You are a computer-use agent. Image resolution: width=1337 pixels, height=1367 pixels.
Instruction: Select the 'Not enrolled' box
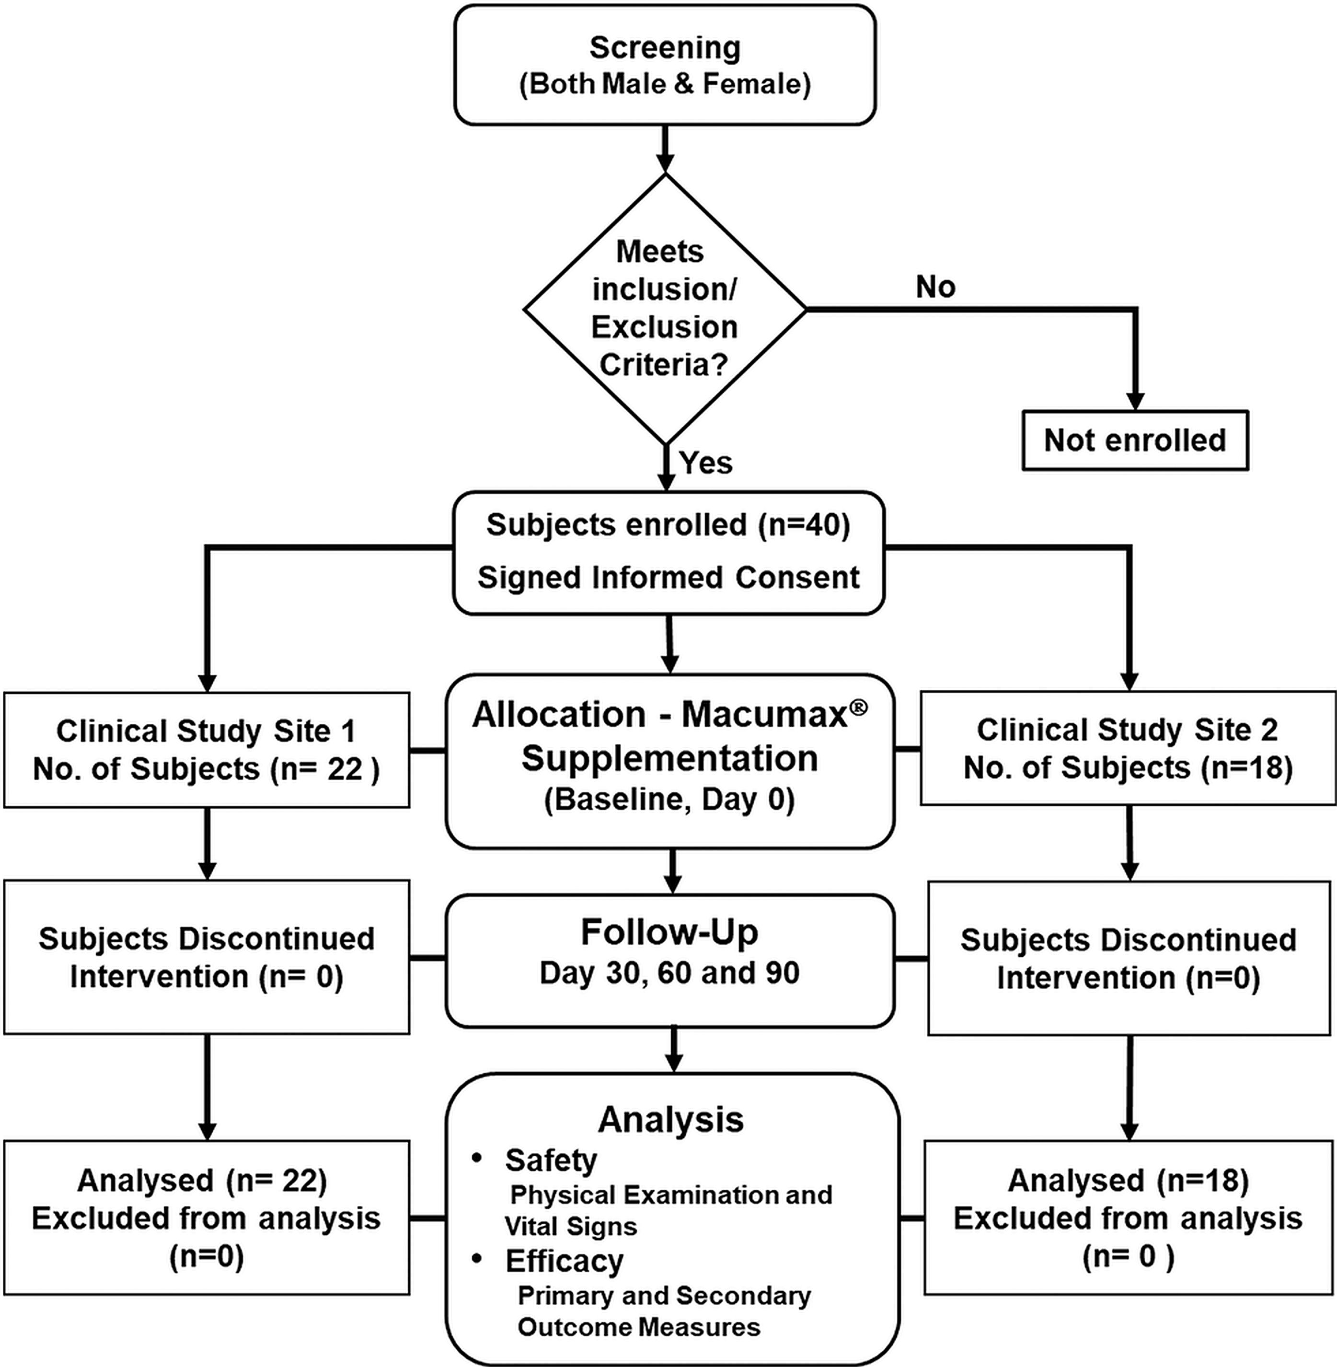pyautogui.click(x=1135, y=440)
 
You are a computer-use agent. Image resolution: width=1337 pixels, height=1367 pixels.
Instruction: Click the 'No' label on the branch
pyautogui.click(x=935, y=287)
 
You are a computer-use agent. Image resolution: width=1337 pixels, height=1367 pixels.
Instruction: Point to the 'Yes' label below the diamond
pyautogui.click(x=706, y=463)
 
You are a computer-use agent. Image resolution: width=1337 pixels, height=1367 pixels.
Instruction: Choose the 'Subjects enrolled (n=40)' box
pyautogui.click(x=668, y=553)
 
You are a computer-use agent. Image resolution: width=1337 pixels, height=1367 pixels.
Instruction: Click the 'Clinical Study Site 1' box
pyautogui.click(x=207, y=750)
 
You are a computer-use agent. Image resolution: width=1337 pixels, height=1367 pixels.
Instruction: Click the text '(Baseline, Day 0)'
pyautogui.click(x=669, y=800)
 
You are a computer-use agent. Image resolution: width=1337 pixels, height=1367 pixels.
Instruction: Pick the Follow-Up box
pyautogui.click(x=670, y=960)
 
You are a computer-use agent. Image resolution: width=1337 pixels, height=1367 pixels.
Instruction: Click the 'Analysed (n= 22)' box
pyautogui.click(x=207, y=1217)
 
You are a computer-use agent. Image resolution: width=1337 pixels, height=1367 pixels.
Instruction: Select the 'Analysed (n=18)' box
pyautogui.click(x=1129, y=1217)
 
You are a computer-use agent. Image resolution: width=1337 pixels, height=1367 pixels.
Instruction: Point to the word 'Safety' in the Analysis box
pyautogui.click(x=551, y=1160)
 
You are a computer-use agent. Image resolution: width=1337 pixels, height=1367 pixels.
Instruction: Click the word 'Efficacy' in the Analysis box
pyautogui.click(x=564, y=1262)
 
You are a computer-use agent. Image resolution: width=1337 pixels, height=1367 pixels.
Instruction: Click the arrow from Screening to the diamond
pyautogui.click(x=664, y=150)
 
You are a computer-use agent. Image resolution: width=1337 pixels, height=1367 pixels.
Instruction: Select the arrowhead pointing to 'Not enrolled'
pyautogui.click(x=1135, y=400)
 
